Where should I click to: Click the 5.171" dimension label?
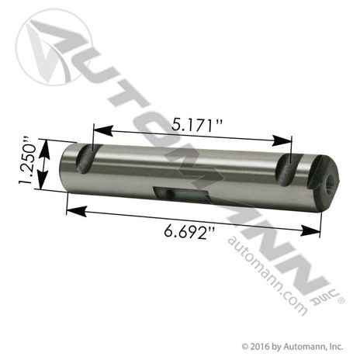coord(197,126)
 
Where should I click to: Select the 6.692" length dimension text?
coord(190,231)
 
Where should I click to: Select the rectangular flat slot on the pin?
coord(181,194)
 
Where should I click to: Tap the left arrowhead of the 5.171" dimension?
coord(103,130)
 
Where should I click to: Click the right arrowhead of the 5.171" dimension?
coord(282,140)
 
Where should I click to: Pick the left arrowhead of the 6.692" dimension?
coord(77,211)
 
